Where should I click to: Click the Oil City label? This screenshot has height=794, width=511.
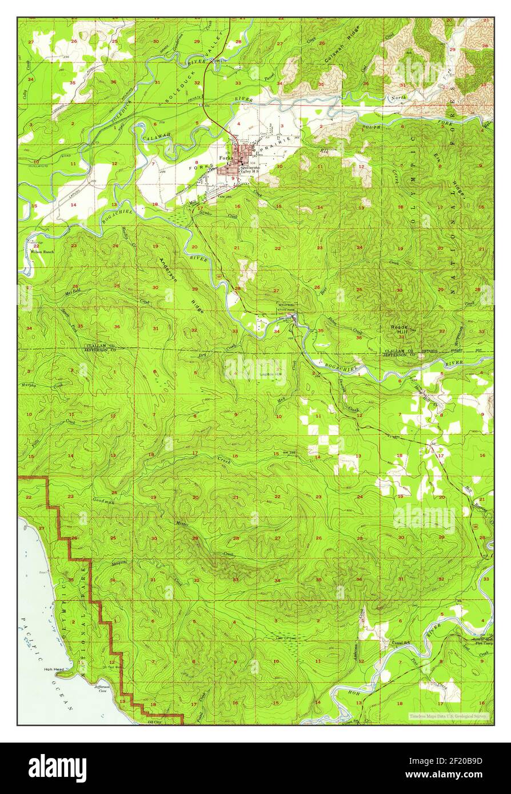tap(155, 721)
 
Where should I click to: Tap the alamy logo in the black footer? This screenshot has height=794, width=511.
tap(57, 768)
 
